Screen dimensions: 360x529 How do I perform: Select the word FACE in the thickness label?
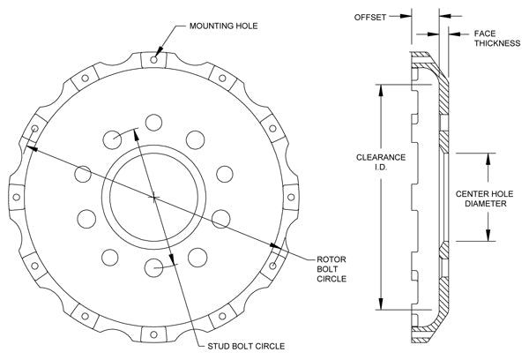[485, 33]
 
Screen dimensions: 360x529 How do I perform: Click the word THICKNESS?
[497, 43]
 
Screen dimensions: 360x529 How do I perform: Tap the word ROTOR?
[330, 259]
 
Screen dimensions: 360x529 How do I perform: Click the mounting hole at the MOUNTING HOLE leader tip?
[154, 60]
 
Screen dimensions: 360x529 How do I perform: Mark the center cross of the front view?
[154, 195]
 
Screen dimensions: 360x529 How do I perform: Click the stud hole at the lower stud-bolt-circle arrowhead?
[155, 266]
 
